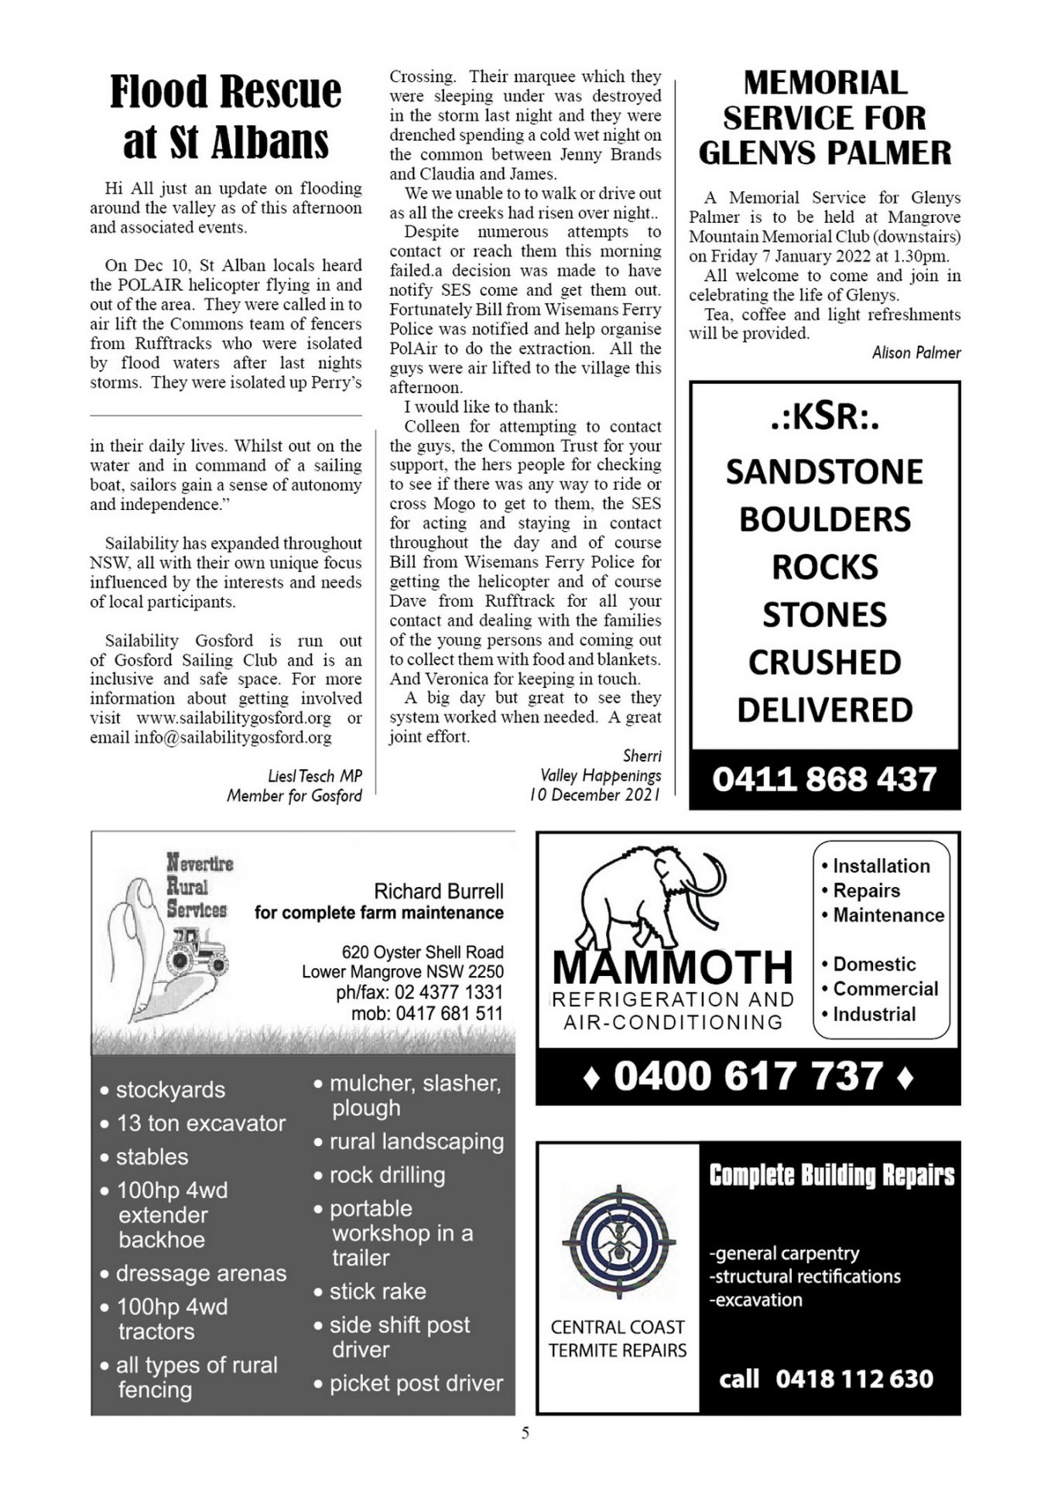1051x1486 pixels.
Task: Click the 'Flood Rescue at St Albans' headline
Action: point(225,116)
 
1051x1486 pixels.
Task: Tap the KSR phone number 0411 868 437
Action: point(824,779)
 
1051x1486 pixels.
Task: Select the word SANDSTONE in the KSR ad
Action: point(824,472)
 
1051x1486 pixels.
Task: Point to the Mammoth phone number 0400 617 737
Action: point(748,1077)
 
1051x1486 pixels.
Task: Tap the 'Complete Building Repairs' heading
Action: point(831,1175)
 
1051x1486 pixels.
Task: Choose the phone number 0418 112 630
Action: point(854,1378)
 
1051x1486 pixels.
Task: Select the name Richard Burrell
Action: point(438,892)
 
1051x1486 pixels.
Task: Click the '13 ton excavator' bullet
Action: point(200,1123)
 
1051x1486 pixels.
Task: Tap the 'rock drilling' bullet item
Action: point(387,1175)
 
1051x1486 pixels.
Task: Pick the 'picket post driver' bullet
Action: point(416,1383)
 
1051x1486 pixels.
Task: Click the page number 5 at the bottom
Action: point(525,1433)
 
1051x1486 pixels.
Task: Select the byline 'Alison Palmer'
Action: point(916,353)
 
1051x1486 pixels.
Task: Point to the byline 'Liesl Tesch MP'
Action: point(314,776)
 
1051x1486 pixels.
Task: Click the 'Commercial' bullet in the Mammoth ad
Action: point(885,989)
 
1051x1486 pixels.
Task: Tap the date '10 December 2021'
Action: point(595,795)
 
